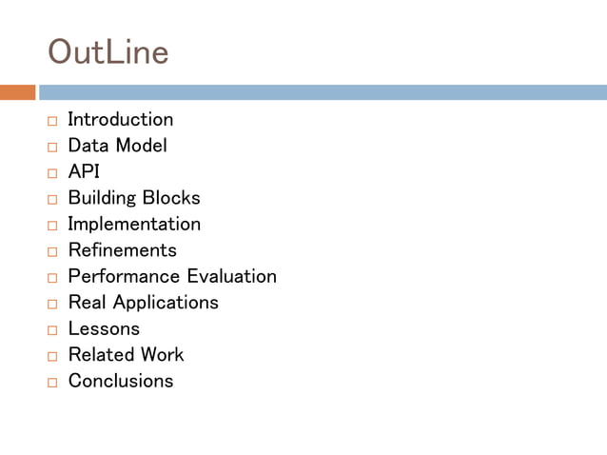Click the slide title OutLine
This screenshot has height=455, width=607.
coord(108,51)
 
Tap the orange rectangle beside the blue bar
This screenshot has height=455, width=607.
coord(17,92)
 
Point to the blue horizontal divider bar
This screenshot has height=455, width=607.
coord(323,92)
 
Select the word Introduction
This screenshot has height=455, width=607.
coord(120,120)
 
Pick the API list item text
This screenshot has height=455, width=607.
coord(84,172)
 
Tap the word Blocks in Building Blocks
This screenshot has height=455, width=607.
coord(171,198)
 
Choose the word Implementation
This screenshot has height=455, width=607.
coord(134,225)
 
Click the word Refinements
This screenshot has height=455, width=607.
coord(122,250)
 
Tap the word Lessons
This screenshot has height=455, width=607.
coord(104,328)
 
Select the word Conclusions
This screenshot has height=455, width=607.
coord(121,381)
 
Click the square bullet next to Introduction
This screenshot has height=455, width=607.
coord(51,122)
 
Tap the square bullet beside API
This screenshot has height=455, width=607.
coord(51,174)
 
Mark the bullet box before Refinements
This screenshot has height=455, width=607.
coord(51,252)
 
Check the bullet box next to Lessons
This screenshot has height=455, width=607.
coord(51,330)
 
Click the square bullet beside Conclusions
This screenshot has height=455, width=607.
coord(51,383)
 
